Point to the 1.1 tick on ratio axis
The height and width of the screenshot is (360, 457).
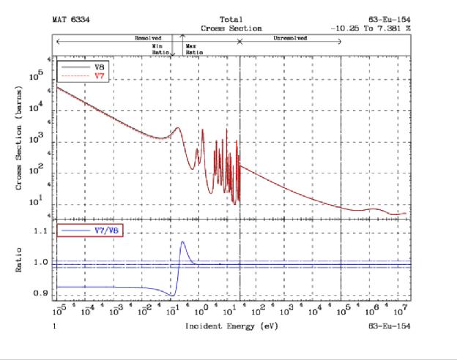[40, 231]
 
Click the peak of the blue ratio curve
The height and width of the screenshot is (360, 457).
[182, 242]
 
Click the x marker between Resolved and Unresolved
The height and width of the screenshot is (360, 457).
[239, 42]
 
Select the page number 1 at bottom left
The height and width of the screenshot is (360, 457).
[54, 325]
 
